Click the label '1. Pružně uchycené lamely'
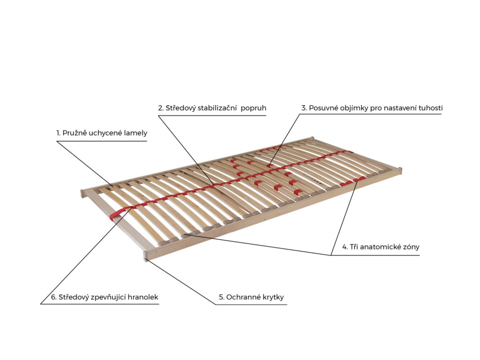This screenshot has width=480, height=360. click(x=102, y=133)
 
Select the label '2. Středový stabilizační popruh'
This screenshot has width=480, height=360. click(x=212, y=108)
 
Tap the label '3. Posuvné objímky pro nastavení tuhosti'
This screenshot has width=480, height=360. click(x=372, y=108)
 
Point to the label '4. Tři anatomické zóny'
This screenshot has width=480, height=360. click(x=381, y=247)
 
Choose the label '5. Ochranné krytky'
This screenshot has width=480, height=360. click(x=251, y=297)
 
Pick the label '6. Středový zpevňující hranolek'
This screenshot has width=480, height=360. click(x=105, y=297)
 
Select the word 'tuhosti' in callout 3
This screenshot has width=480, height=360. click(x=430, y=108)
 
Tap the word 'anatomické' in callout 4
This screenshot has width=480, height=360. click(x=379, y=247)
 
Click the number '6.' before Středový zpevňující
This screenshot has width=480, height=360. click(x=54, y=297)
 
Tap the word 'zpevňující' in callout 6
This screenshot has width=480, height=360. click(x=106, y=297)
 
